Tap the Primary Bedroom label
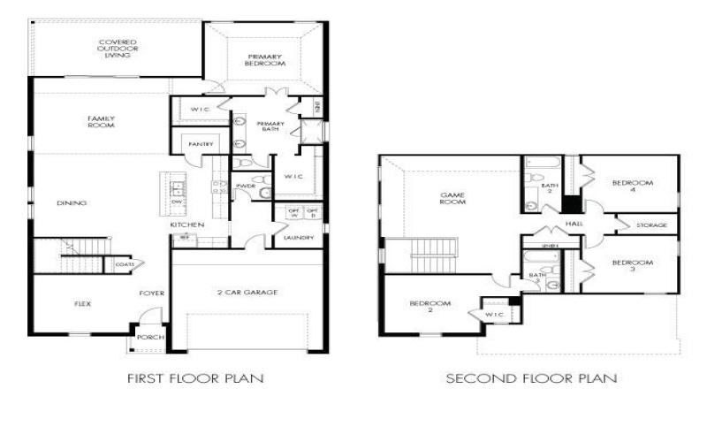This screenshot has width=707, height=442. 265,60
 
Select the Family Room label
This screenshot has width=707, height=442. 102,121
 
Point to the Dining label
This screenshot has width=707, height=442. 72,203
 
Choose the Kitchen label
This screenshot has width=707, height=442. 188,225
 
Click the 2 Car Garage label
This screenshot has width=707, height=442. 247,291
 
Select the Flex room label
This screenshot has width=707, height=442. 82,303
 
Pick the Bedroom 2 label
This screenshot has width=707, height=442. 430,307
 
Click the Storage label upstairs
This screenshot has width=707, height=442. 651,225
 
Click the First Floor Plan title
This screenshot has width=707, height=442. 195,377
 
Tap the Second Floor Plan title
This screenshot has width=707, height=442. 531,377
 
